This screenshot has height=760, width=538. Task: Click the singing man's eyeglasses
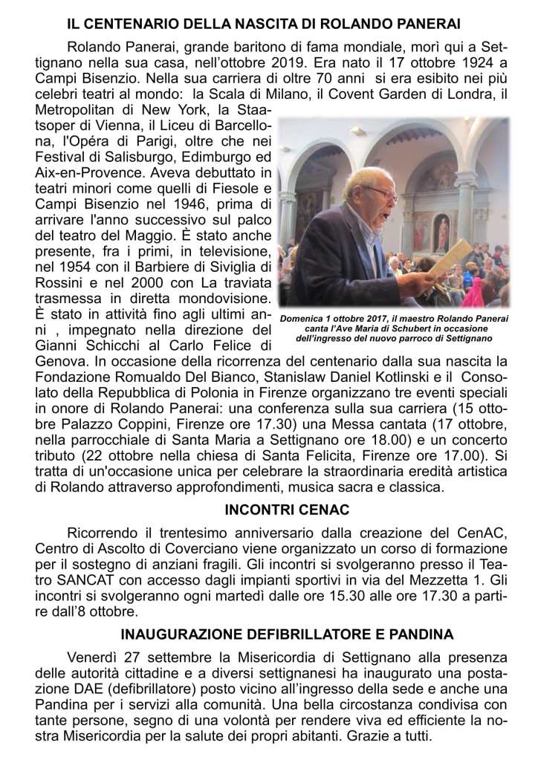coord(381,192)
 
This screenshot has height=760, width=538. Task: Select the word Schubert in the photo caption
coord(427,328)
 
